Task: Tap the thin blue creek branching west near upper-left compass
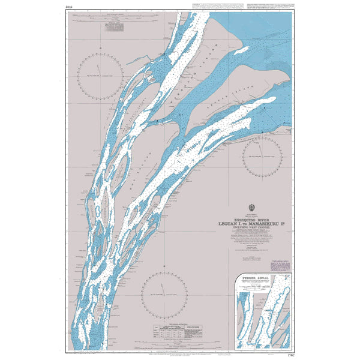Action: [135, 59]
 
